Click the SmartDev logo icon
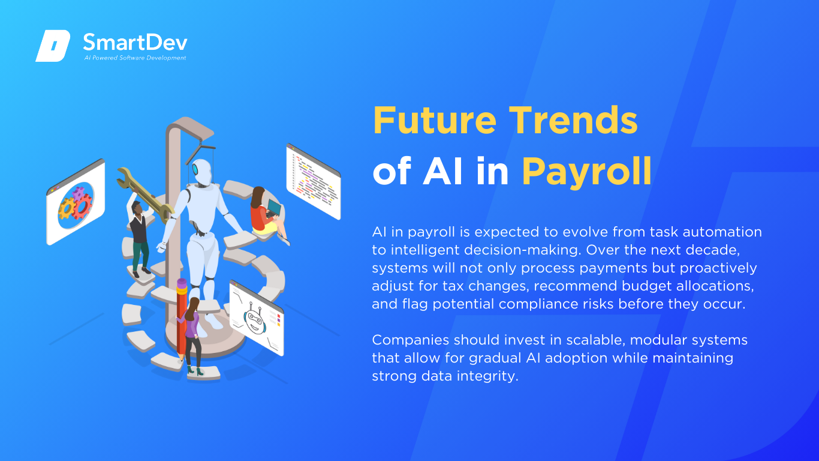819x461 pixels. coord(53,46)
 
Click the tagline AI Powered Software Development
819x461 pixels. coord(135,58)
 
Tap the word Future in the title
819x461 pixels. coord(435,120)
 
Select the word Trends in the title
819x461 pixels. coord(573,120)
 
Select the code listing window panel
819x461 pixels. coord(314,181)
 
